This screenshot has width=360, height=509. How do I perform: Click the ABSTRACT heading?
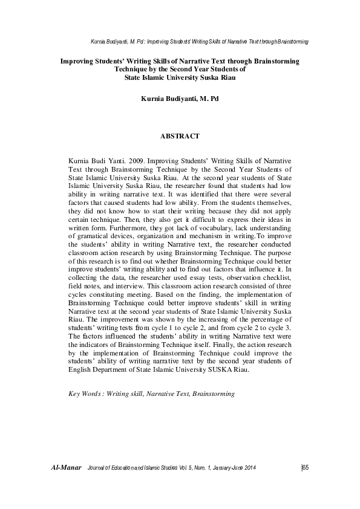tap(180, 137)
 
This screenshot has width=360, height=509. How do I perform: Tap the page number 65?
tap(305, 468)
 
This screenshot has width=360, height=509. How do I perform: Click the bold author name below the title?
tap(179, 98)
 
